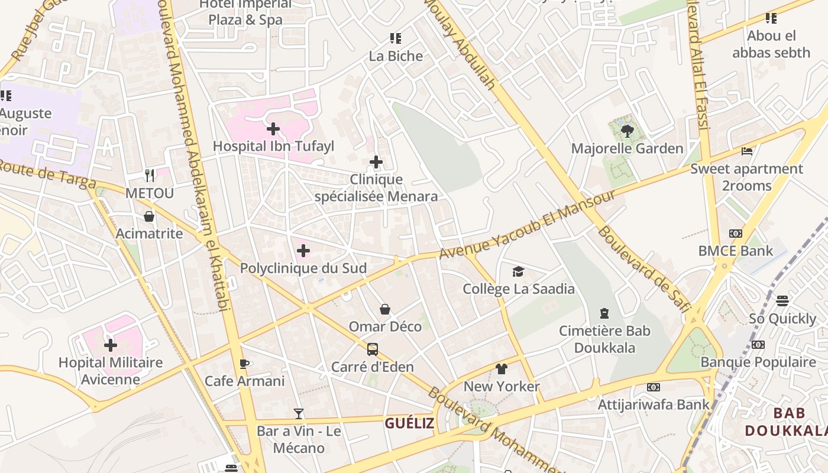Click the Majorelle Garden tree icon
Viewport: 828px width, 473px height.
[x=628, y=131]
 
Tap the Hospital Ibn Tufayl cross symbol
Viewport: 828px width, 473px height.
[x=273, y=128]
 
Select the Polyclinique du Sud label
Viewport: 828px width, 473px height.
[x=303, y=268]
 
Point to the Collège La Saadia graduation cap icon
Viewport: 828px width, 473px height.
[x=518, y=271]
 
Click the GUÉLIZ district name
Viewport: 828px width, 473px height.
[x=409, y=423]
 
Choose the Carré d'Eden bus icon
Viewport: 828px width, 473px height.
[x=372, y=349]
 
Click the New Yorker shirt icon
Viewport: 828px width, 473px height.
[x=502, y=369]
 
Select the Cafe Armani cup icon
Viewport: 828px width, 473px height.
[x=244, y=364]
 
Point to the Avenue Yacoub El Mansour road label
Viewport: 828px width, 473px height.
[x=528, y=225]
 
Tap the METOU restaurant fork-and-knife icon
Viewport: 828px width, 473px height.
[x=150, y=176]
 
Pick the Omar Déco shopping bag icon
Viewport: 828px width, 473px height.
[x=385, y=309]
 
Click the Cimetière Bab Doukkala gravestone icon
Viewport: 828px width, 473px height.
[x=604, y=313]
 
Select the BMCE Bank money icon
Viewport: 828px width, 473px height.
[x=735, y=234]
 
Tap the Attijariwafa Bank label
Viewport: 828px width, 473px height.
[x=653, y=405]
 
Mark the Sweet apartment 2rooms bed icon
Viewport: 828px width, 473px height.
[x=747, y=151]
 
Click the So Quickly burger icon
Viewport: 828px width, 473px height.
[x=782, y=301]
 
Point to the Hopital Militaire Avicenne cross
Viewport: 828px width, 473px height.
[x=111, y=345]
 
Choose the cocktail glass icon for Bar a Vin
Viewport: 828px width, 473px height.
[x=299, y=414]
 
